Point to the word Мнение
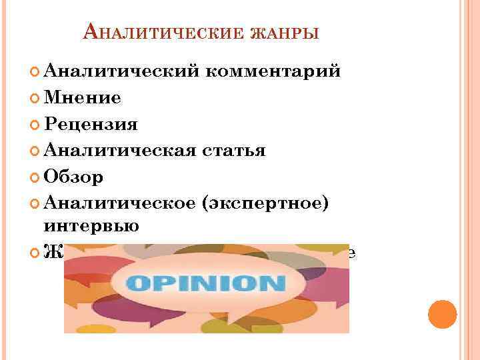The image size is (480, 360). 82,98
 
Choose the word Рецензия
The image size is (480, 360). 90,125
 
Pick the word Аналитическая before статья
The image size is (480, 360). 119,151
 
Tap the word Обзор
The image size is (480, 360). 73,177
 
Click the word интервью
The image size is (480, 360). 91,226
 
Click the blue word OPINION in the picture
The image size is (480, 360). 206,283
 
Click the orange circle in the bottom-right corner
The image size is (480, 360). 442,314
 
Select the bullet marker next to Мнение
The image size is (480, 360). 35,99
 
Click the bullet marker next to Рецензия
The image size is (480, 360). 35,125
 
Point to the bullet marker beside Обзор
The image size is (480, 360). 35,177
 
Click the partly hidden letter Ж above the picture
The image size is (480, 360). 51,252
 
